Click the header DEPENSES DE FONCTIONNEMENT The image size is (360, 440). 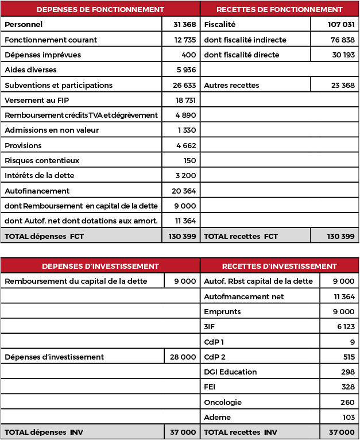(100, 9)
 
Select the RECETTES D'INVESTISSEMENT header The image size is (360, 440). (279, 266)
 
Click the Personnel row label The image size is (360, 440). (24, 25)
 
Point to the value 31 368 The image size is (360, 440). (184, 25)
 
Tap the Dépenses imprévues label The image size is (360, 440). (42, 55)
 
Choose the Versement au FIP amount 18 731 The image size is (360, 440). (185, 100)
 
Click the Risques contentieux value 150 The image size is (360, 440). (189, 160)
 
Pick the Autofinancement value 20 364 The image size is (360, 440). (184, 191)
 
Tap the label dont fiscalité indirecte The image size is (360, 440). (245, 40)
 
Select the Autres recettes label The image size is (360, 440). (231, 85)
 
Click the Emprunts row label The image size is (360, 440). (222, 311)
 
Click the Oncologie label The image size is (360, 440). (223, 402)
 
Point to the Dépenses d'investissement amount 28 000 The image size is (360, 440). (183, 357)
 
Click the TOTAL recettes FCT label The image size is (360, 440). (241, 236)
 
